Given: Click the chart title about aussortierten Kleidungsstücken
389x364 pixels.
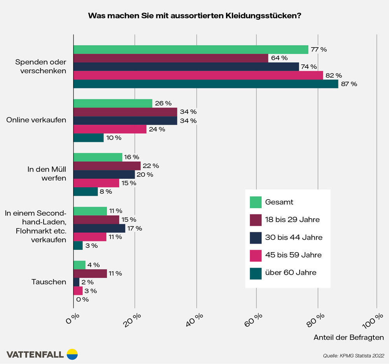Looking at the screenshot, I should point(194,16).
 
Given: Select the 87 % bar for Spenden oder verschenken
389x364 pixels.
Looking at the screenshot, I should point(206,84).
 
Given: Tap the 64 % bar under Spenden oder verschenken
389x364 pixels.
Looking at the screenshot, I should point(171,58).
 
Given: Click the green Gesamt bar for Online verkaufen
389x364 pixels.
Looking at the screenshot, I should point(113,103).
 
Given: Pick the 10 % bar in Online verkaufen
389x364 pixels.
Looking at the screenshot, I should point(89,138).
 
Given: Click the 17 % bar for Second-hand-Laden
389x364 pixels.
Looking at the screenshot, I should point(100,228).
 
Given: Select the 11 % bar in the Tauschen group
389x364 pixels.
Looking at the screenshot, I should point(90,274).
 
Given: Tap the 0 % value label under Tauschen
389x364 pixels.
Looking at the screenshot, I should point(82,299).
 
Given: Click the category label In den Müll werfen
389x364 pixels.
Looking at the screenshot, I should point(46,174).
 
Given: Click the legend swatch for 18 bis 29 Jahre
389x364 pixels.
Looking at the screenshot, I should point(256,219).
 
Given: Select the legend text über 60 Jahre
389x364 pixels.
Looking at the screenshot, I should point(291,272).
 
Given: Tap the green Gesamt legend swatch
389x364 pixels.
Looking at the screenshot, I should point(256,202).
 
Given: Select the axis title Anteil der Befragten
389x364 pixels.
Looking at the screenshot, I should point(349,337).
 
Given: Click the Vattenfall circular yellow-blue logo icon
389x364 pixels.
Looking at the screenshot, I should point(72,354).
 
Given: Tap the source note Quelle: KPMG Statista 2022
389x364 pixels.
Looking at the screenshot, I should point(354,355).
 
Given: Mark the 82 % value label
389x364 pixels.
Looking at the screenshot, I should point(334,75).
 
